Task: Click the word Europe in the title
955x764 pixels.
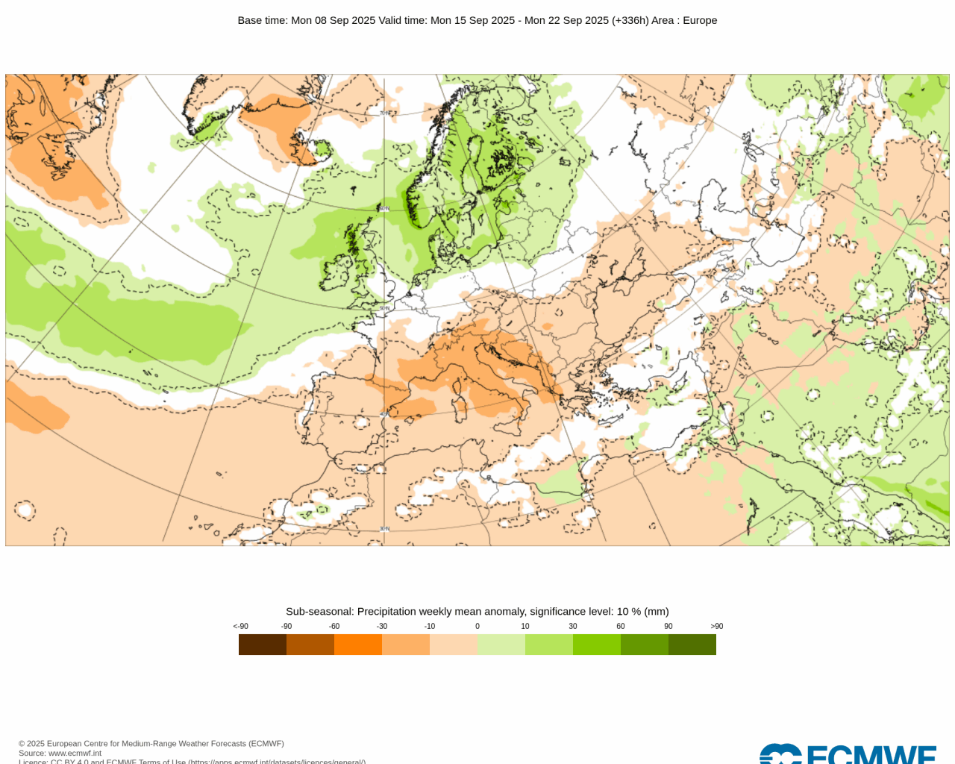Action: coord(700,20)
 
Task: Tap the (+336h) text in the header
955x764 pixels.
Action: coord(630,20)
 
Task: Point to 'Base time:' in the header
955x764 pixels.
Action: coord(263,20)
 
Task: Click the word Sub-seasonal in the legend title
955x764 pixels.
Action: coord(319,611)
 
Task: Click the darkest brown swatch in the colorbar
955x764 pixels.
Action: coord(263,645)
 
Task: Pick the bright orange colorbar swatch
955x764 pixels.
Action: coord(358,645)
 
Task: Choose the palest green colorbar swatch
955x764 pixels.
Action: coord(501,645)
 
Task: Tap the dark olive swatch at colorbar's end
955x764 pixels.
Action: coord(692,645)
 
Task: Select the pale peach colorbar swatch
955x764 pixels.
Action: coord(454,645)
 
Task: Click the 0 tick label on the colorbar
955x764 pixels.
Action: coord(477,626)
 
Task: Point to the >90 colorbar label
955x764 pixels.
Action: coord(716,626)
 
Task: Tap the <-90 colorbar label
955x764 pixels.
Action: coord(240,626)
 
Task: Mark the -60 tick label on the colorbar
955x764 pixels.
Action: coord(334,626)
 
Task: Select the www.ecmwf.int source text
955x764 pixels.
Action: coord(75,754)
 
